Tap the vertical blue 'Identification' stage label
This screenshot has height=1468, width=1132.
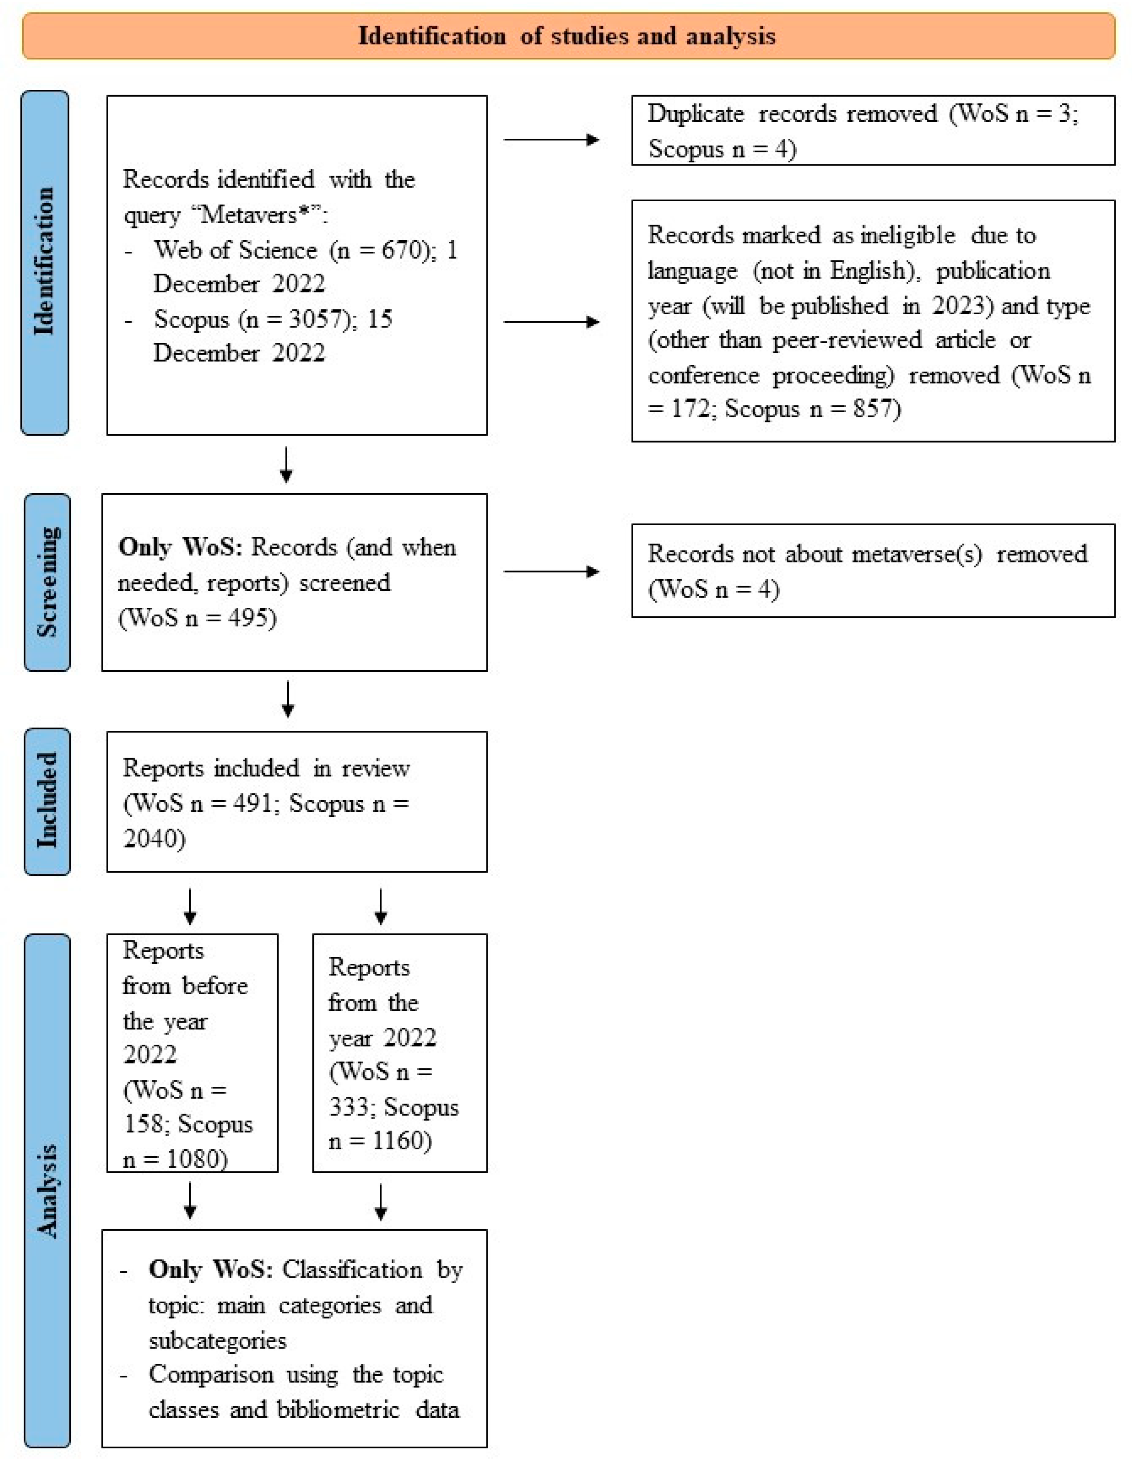coord(45,262)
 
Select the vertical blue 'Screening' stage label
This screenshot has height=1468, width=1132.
coord(47,582)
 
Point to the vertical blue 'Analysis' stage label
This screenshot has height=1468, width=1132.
coord(47,1190)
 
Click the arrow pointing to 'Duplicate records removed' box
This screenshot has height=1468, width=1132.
coord(551,140)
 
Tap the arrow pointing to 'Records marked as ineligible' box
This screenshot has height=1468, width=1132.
coord(551,322)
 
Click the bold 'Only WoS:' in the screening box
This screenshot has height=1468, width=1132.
coord(180,547)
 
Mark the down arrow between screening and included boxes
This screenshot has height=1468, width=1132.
coord(288,699)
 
